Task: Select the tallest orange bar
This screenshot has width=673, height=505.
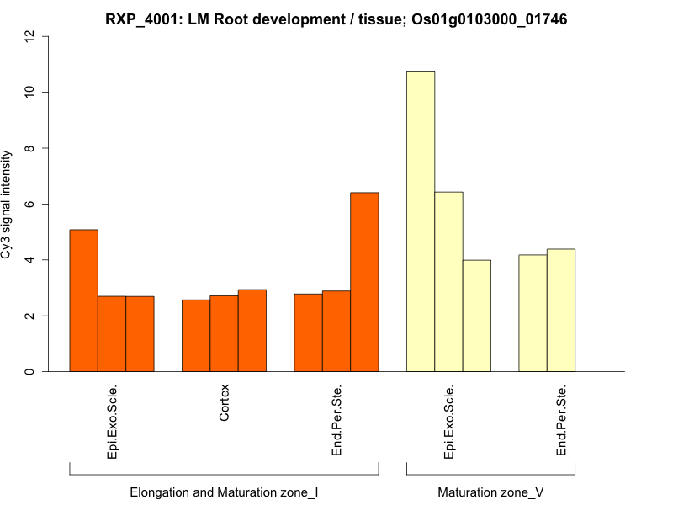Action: (x=364, y=282)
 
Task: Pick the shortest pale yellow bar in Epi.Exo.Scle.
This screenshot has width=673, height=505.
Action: (x=477, y=316)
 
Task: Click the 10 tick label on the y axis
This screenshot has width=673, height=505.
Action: (x=31, y=92)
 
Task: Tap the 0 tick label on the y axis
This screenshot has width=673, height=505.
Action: (x=31, y=372)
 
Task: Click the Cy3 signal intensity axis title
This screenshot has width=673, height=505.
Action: (x=8, y=205)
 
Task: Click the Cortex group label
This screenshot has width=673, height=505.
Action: (x=225, y=404)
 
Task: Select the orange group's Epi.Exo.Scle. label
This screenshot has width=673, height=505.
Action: (x=112, y=421)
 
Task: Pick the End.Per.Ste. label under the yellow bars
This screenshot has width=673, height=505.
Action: (x=561, y=421)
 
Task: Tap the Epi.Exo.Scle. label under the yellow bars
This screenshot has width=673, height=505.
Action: (x=449, y=421)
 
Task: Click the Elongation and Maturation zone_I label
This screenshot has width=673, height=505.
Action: (x=224, y=492)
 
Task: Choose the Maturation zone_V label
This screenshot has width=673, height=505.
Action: (x=490, y=492)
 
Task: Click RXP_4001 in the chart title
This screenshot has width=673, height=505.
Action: (x=141, y=19)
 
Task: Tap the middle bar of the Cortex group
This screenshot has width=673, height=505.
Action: (x=224, y=333)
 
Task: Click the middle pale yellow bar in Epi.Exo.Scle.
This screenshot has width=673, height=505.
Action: (x=448, y=282)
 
